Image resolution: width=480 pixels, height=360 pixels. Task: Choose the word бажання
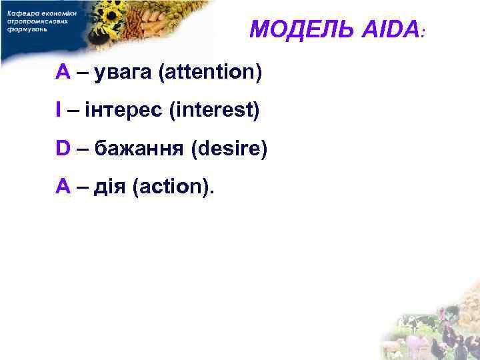139,148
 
